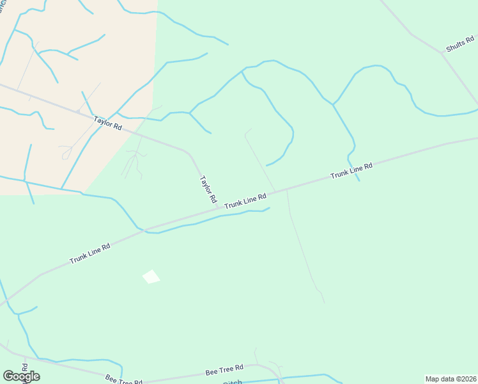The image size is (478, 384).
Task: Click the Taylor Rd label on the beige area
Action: pyautogui.click(x=107, y=122)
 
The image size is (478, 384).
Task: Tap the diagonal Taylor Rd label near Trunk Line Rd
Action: pyautogui.click(x=208, y=190)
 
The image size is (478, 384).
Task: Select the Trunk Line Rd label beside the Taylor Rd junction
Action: pyautogui.click(x=245, y=200)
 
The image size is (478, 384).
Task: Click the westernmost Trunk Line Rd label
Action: pyautogui.click(x=89, y=254)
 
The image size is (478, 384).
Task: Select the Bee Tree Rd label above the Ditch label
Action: pyautogui.click(x=224, y=370)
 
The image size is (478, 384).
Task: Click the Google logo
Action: pyautogui.click(x=21, y=376)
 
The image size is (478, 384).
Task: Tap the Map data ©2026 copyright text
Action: pyautogui.click(x=451, y=379)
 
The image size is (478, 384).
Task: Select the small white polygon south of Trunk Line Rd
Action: pyautogui.click(x=151, y=276)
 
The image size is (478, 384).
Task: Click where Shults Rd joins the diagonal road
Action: pyautogui.click(x=441, y=54)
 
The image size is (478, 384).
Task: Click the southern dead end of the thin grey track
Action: pyautogui.click(x=324, y=302)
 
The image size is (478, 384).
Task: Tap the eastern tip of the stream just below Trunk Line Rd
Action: pyautogui.click(x=269, y=207)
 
